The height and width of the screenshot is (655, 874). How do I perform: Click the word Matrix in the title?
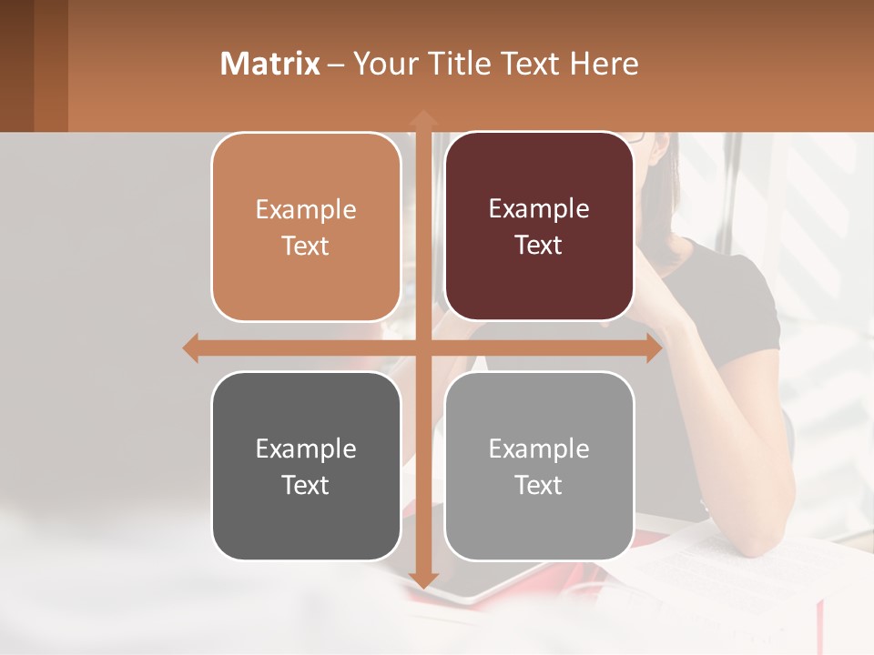[269, 64]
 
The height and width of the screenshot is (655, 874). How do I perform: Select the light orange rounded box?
[306, 227]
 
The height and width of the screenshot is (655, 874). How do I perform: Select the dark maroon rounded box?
[539, 227]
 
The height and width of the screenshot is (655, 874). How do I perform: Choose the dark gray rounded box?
[306, 466]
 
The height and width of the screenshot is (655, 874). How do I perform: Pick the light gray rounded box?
[539, 466]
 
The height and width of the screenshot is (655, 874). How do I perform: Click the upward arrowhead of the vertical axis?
[422, 117]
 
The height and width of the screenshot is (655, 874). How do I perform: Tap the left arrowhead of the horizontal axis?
[190, 348]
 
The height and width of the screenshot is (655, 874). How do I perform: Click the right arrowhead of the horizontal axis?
[654, 348]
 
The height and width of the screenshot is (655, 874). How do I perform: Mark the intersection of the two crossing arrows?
[422, 348]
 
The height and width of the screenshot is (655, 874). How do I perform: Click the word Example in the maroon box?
[539, 208]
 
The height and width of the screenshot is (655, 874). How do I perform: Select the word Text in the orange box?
[305, 246]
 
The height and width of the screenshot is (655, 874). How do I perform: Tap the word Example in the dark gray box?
[306, 448]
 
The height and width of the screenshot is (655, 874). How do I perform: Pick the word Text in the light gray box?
[539, 485]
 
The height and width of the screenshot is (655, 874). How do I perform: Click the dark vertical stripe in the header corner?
[50, 65]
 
